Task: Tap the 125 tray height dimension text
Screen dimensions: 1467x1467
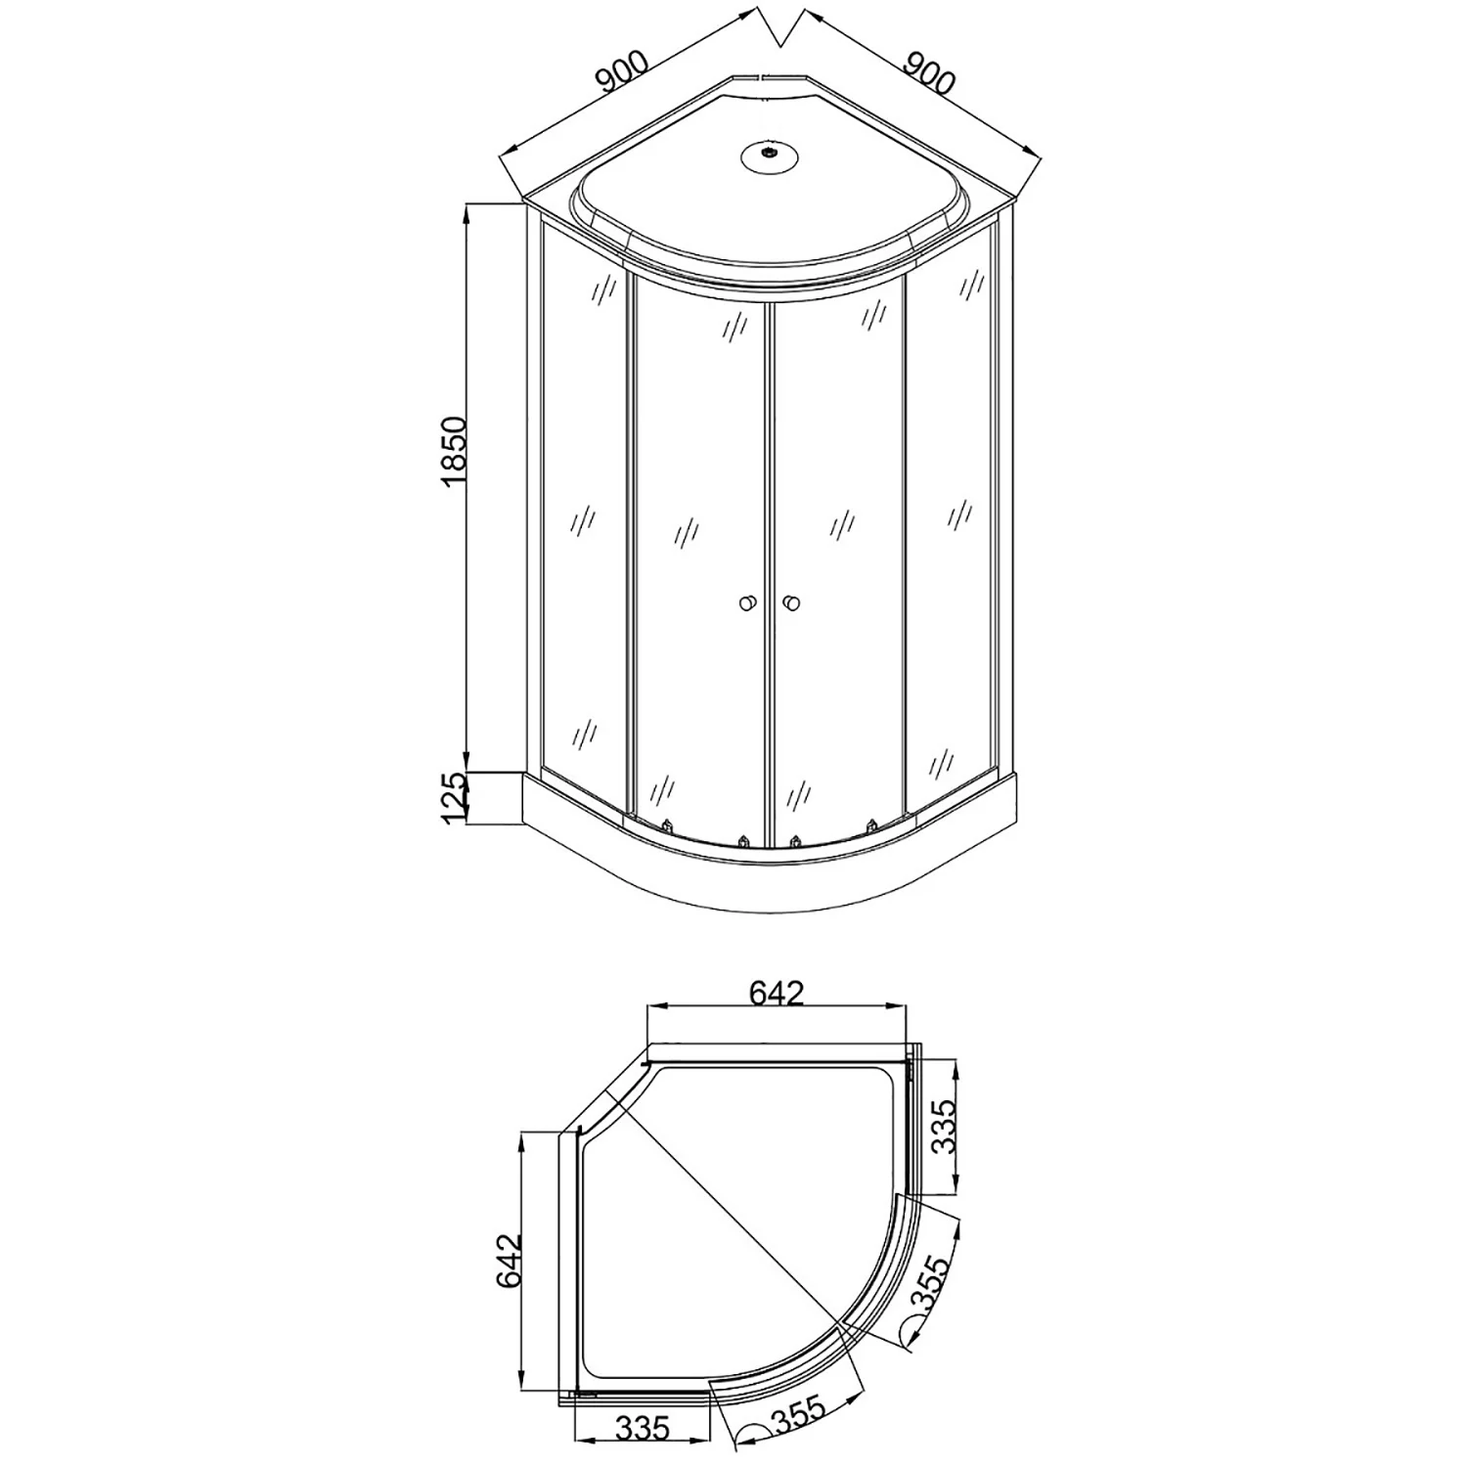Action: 453,799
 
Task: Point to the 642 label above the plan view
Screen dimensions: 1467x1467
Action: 777,993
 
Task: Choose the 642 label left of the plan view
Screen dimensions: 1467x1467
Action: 510,1263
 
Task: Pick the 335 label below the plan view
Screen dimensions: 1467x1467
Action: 643,1429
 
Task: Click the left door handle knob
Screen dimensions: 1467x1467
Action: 748,603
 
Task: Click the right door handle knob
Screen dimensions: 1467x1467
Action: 791,603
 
